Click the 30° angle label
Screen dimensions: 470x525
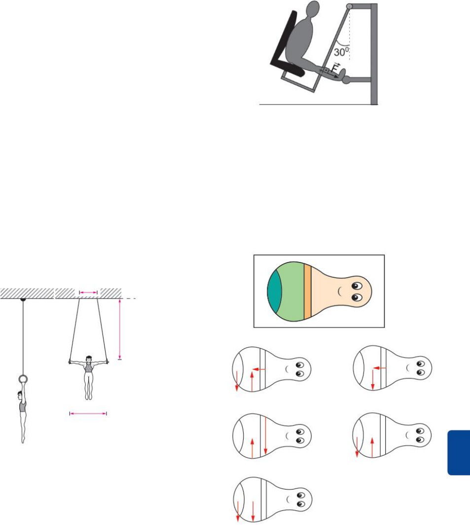(x=341, y=52)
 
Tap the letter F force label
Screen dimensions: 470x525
(x=335, y=68)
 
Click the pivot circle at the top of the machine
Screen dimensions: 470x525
(x=349, y=6)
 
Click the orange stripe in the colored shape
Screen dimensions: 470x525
(x=307, y=291)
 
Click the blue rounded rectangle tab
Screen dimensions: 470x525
(x=459, y=453)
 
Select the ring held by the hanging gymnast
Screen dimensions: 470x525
(x=23, y=379)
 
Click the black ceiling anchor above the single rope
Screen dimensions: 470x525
(x=23, y=299)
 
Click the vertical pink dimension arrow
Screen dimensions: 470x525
(x=120, y=329)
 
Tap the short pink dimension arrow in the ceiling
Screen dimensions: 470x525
(x=88, y=293)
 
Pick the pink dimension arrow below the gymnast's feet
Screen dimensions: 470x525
(x=88, y=414)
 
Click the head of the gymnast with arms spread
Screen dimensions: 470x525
(x=88, y=359)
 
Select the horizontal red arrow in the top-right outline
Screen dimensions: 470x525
(x=380, y=368)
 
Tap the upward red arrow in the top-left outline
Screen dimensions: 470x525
(x=252, y=381)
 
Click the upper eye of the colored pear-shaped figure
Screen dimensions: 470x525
(x=356, y=286)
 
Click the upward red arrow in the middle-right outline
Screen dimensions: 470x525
(x=372, y=447)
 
